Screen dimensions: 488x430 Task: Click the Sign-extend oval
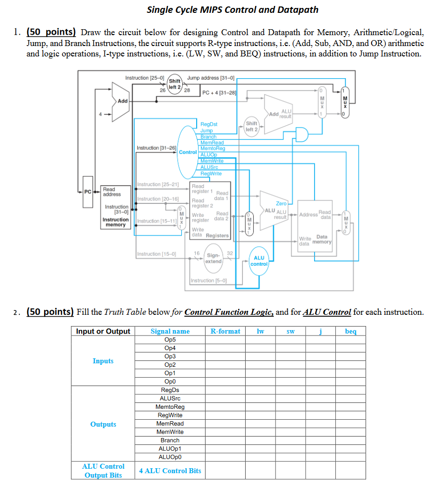(x=214, y=259)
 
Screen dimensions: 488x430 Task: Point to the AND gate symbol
(x=301, y=134)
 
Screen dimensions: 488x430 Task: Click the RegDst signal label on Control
(x=209, y=124)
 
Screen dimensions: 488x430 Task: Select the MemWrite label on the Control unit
(x=212, y=161)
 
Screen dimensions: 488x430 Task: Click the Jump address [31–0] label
(x=211, y=78)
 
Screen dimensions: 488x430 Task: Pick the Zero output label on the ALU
(x=281, y=203)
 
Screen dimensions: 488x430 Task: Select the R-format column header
(x=225, y=331)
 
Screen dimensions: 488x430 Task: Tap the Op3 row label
(x=170, y=356)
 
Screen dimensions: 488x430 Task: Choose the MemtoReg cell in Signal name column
(x=170, y=407)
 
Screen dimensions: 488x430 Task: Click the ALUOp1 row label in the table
(x=170, y=448)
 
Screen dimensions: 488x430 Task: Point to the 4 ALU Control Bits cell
(x=170, y=471)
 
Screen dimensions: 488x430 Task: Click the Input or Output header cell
(x=103, y=331)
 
